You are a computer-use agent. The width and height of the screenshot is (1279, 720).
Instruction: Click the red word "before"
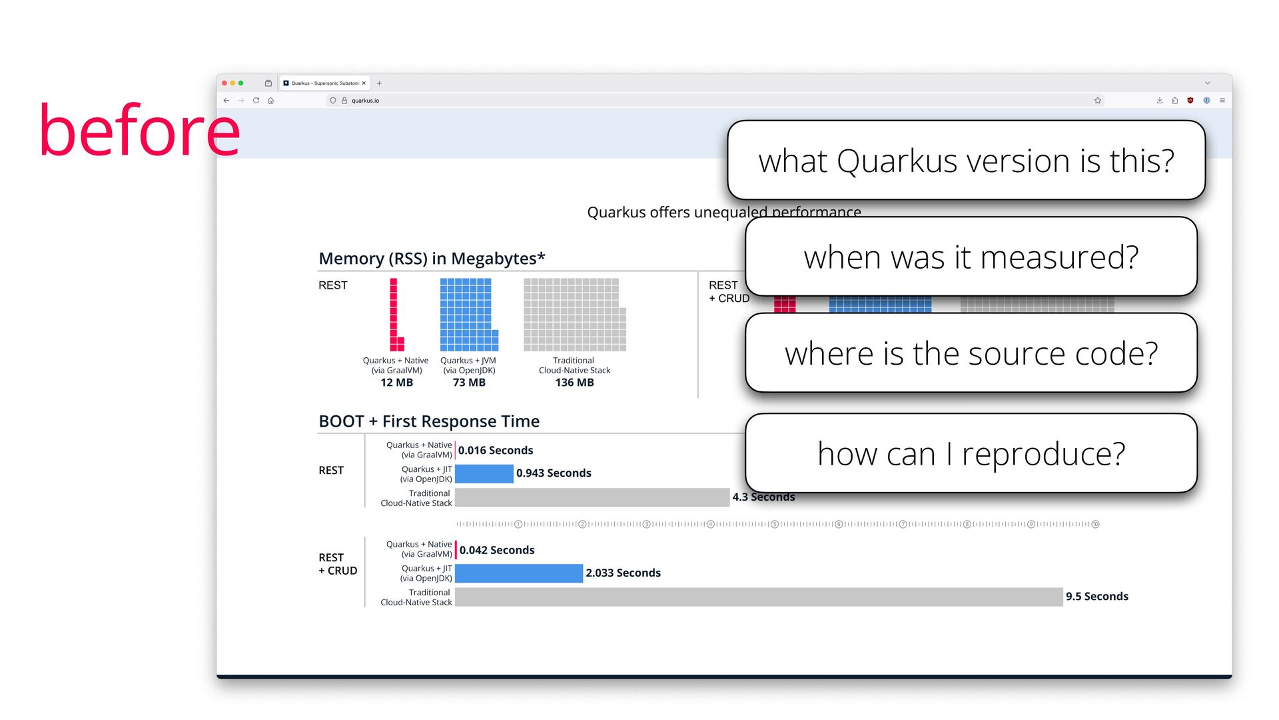[x=139, y=131]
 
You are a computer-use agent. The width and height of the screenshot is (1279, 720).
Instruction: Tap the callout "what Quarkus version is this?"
[x=966, y=161]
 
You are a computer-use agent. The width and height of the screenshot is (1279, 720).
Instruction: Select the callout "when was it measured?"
[x=971, y=257]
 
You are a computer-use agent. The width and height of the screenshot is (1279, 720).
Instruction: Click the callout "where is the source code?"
[x=971, y=353]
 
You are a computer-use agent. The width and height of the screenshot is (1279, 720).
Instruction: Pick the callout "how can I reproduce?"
[x=971, y=454]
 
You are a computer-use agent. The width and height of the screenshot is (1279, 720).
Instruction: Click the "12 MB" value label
[x=396, y=383]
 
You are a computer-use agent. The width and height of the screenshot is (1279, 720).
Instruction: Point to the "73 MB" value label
[x=469, y=383]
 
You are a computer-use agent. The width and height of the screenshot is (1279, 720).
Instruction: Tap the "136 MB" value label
[x=574, y=383]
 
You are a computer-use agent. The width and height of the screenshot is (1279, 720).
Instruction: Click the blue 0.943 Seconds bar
[x=484, y=473]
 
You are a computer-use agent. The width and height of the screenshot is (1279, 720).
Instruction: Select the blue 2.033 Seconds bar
[x=519, y=573]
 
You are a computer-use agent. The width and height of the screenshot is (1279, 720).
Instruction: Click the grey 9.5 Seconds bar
[x=759, y=597]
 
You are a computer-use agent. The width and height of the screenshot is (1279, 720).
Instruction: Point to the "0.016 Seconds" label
[x=496, y=451]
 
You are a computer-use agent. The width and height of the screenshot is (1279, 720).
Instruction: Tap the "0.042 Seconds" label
[x=497, y=551]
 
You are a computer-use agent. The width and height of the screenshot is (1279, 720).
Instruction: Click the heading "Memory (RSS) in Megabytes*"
[x=432, y=259]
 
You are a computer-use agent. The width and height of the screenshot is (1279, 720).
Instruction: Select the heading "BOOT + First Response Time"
[x=429, y=421]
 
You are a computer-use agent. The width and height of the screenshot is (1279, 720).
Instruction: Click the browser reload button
[x=256, y=101]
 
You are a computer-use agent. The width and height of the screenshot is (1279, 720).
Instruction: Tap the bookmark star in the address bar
[x=1098, y=101]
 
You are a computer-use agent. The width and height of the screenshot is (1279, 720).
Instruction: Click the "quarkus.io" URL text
[x=365, y=101]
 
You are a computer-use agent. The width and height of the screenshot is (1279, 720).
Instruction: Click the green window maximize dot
[x=241, y=83]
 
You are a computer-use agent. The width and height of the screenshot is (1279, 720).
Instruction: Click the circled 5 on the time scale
[x=775, y=525]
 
